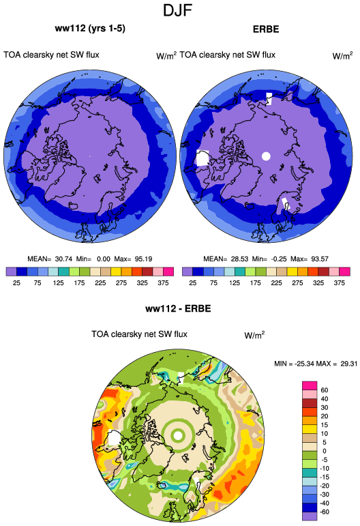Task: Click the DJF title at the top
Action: [177, 10]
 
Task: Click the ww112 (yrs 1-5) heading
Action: [90, 29]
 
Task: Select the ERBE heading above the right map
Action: [266, 29]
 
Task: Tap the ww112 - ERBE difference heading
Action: [178, 308]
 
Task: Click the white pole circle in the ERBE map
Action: [266, 156]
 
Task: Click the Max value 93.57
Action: [320, 259]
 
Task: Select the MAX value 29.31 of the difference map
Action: [348, 364]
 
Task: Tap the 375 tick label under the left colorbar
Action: [163, 283]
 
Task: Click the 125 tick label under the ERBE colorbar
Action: [235, 283]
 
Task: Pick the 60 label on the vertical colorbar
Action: [325, 390]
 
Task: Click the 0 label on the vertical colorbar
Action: [325, 451]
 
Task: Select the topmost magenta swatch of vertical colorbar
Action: [310, 385]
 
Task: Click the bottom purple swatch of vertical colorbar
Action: [310, 516]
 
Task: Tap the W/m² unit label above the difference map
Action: [254, 335]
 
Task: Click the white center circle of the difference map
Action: [179, 436]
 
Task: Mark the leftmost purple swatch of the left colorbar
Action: [12, 272]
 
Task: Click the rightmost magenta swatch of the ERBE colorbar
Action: [344, 272]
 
